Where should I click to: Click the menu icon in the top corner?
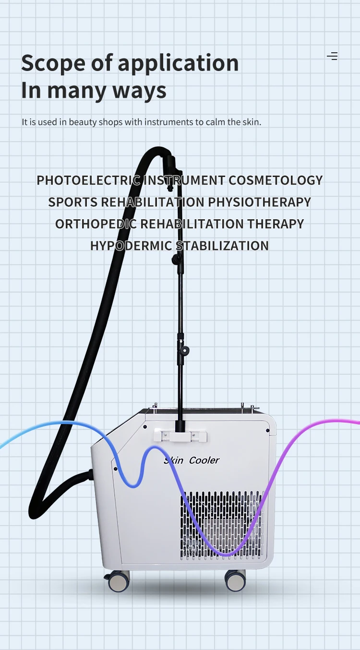[x=332, y=56]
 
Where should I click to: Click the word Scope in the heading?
[x=54, y=63]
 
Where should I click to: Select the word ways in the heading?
[x=139, y=91]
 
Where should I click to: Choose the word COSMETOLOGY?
[x=276, y=180]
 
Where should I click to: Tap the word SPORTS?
[x=72, y=202]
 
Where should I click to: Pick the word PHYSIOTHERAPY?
[x=260, y=202]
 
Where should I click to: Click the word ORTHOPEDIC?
[x=96, y=224]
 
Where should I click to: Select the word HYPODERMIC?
[x=131, y=246]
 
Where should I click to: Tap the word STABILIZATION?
[x=222, y=246]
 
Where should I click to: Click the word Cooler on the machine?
[x=204, y=460]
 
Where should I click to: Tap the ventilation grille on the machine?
[x=222, y=525]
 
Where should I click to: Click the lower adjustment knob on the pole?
[x=183, y=350]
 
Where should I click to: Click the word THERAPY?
[x=276, y=224]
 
